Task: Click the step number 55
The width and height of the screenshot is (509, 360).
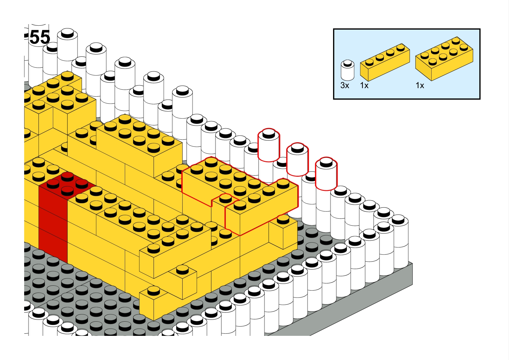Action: pos(40,37)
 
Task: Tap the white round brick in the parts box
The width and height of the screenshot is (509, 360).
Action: pos(347,70)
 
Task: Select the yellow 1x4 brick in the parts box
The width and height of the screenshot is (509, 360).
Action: pos(385,62)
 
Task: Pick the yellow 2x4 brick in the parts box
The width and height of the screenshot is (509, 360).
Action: pos(444,59)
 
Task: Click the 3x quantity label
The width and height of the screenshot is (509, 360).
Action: pos(345,85)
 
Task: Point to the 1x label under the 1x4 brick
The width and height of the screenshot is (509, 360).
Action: pos(364,85)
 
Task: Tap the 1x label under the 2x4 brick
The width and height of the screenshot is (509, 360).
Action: pos(420,85)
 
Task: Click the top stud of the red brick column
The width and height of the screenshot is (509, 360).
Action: pos(67,176)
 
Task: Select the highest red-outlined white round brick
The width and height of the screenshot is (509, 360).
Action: pos(269,145)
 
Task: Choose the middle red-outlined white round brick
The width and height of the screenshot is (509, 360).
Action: pos(297,159)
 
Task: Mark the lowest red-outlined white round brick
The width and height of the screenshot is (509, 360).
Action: pos(326,174)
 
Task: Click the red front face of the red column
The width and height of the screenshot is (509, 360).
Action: pos(53,223)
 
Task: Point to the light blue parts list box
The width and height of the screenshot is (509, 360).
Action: pos(407,64)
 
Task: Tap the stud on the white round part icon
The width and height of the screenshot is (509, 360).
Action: pos(347,63)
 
